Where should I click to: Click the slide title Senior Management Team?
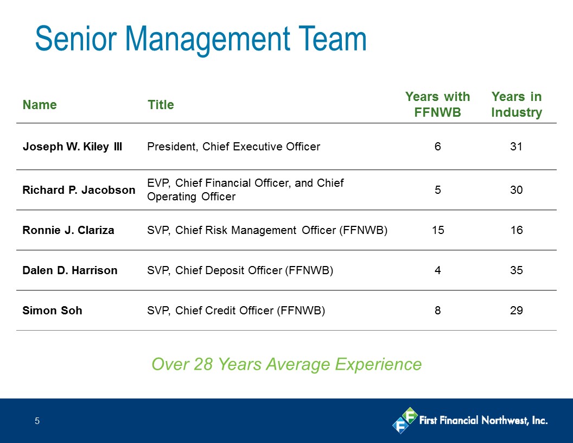coord(201,40)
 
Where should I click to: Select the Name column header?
coord(40,105)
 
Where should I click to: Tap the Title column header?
coord(161,105)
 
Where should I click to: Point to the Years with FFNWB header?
coord(437,105)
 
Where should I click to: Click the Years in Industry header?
coord(517,105)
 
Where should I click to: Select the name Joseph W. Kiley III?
coord(72,147)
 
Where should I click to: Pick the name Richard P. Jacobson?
coord(79,190)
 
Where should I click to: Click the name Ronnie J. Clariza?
coord(68,230)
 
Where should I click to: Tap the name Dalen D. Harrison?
coord(70,270)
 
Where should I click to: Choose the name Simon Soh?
coord(52,311)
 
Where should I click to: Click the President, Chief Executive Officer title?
coord(233,147)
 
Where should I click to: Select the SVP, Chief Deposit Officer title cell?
coord(240,270)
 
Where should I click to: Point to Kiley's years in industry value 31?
coord(517,147)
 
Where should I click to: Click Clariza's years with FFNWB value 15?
coord(438,230)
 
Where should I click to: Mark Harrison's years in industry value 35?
coord(517,270)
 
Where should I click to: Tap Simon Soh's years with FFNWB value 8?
coord(438,311)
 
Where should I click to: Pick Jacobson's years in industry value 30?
coord(517,190)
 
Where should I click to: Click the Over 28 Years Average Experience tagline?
coord(286,364)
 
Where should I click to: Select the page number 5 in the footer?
coord(37,421)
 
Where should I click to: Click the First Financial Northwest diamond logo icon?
coord(405,420)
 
